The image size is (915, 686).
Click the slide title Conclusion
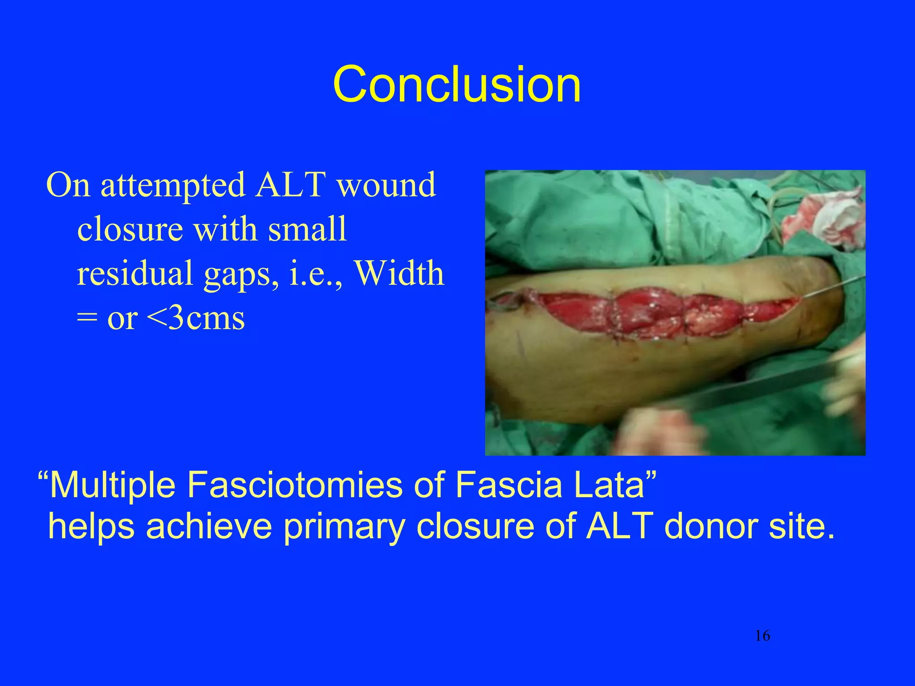pos(457,84)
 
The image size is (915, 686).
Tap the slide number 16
pos(762,635)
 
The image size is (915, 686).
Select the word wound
pos(386,184)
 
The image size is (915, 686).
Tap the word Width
pos(399,273)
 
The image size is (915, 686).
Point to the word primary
pos(344,527)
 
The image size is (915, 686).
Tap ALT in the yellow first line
pos(290,184)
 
